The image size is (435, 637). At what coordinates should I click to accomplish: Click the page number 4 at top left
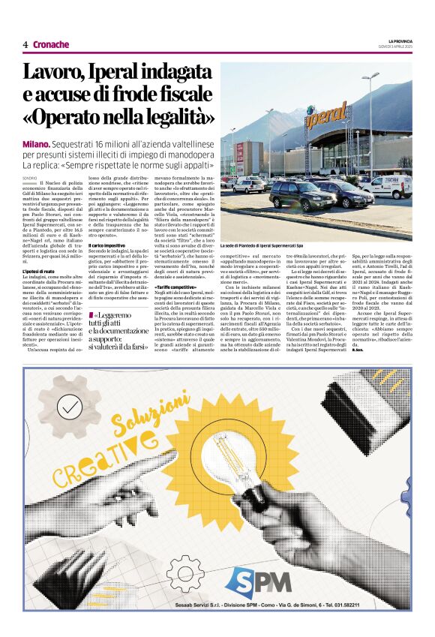click(x=25, y=44)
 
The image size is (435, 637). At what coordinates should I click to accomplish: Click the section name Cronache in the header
click(x=51, y=44)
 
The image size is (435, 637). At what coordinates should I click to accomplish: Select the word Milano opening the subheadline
click(x=36, y=143)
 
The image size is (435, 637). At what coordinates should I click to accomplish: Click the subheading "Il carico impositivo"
click(x=106, y=245)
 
